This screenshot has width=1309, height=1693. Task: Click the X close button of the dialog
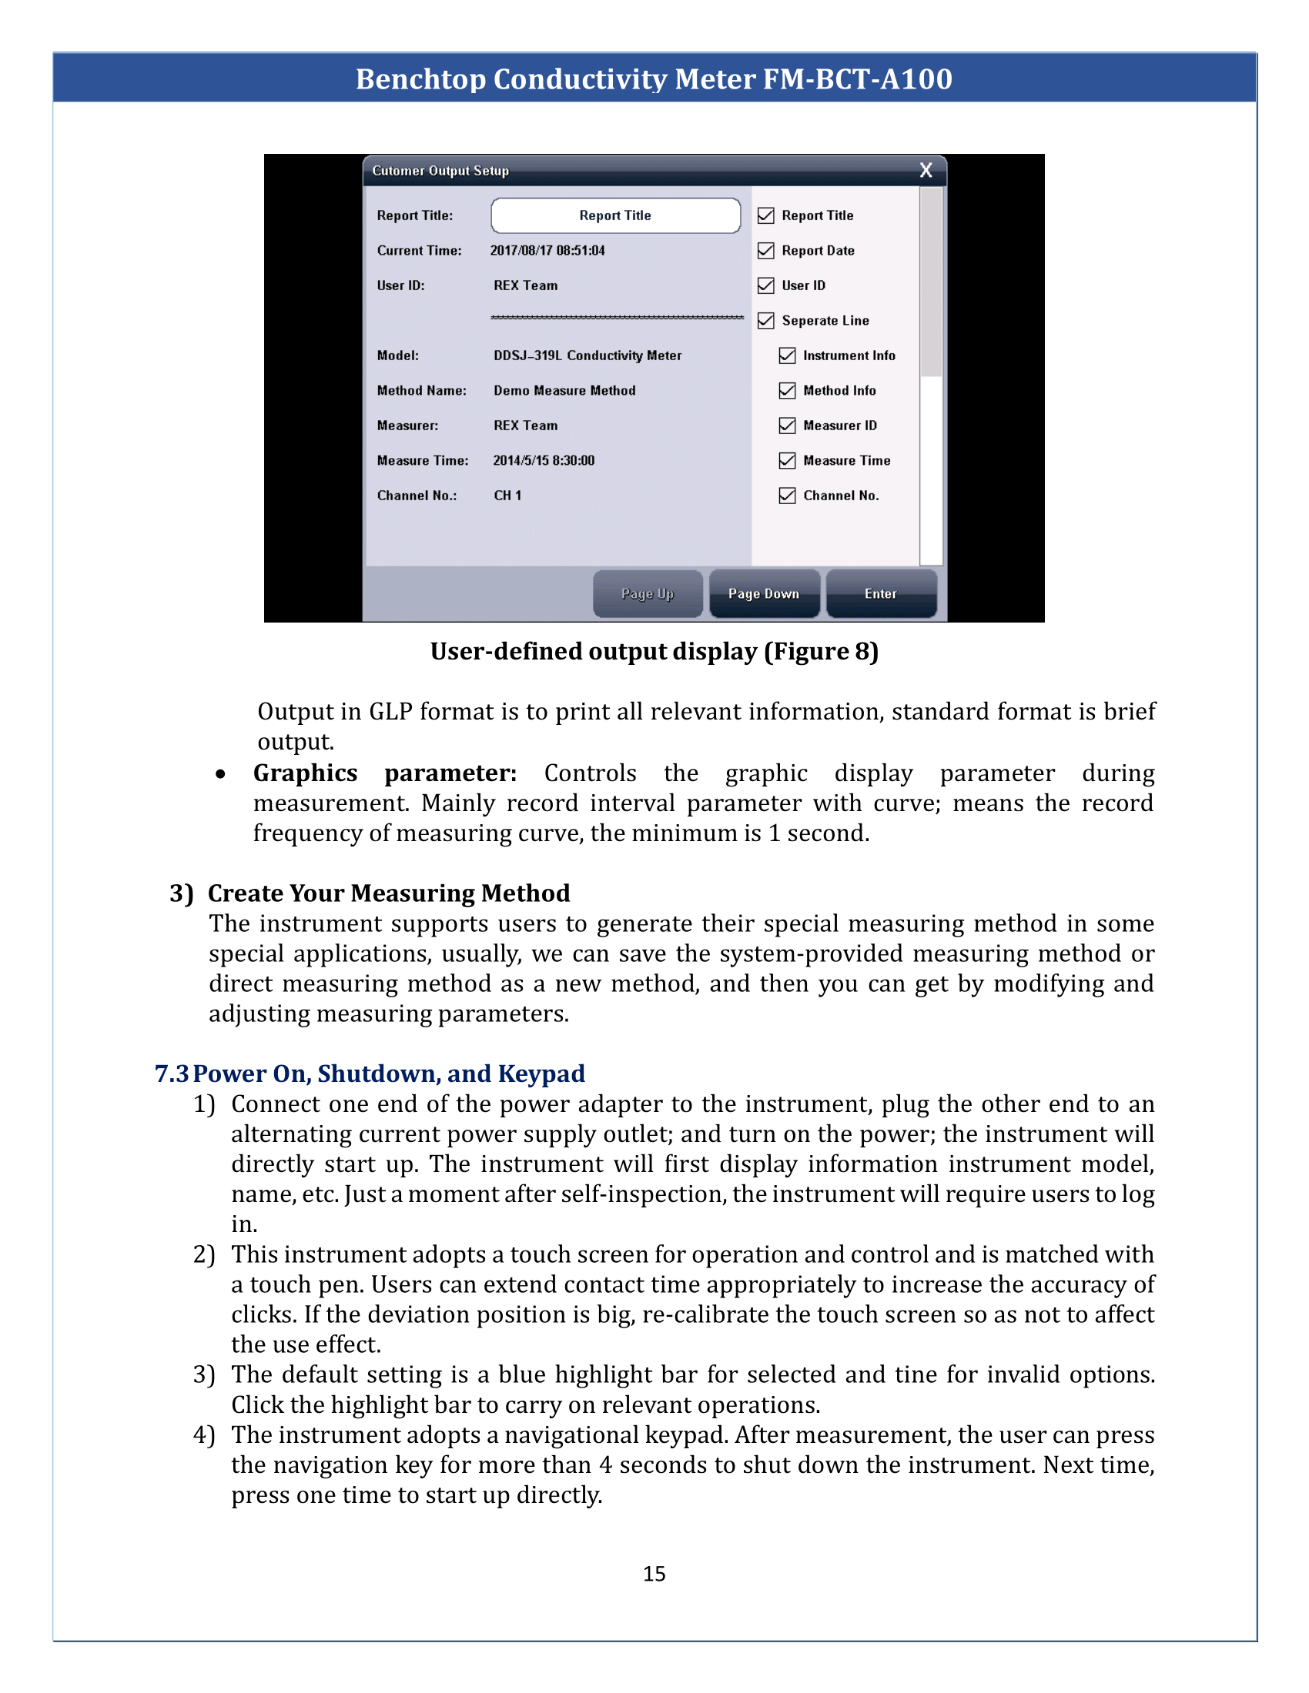(x=925, y=171)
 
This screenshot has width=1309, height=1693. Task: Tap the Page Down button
(x=764, y=594)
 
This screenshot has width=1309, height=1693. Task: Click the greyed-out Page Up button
(x=648, y=594)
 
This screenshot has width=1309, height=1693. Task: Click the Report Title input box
(x=615, y=215)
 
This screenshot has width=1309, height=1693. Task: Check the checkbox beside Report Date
(x=766, y=250)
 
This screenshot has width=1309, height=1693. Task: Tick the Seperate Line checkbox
(x=766, y=321)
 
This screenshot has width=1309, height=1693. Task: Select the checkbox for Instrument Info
(x=787, y=356)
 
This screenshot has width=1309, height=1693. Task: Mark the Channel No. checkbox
(x=787, y=496)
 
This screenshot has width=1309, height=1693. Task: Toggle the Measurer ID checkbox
(x=787, y=426)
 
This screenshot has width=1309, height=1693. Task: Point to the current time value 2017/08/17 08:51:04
(x=547, y=250)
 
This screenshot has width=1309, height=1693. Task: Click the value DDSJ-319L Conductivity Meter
(x=587, y=356)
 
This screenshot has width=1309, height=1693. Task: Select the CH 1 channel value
(x=507, y=496)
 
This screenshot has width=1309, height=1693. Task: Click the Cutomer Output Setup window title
(x=440, y=171)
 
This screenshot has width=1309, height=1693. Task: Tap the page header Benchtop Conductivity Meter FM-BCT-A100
(x=654, y=79)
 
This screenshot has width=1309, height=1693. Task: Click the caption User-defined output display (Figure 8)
(x=654, y=651)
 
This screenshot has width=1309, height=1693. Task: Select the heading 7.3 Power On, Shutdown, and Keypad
(x=370, y=1074)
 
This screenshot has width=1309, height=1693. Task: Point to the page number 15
(x=654, y=1574)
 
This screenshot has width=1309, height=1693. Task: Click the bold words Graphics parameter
(x=385, y=773)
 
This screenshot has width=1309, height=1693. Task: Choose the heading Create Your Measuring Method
(x=389, y=893)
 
